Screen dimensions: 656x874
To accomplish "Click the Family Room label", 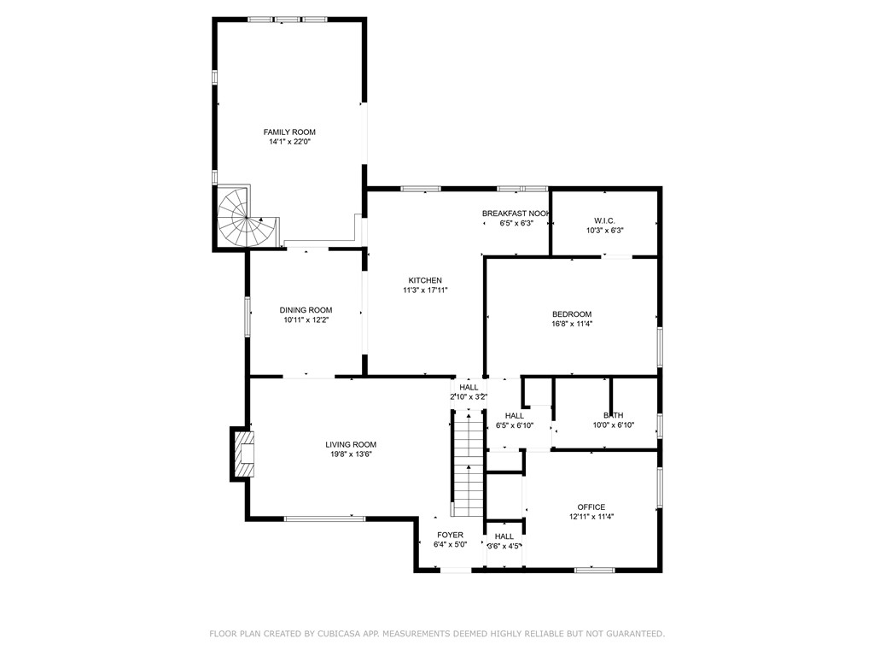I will tap(289, 132).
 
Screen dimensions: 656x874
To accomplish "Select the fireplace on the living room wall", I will tap(242, 454).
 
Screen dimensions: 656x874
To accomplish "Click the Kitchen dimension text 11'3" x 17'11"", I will tap(425, 290).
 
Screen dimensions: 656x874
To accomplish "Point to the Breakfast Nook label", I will tap(516, 214).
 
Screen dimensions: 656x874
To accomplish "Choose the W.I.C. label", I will tap(604, 220).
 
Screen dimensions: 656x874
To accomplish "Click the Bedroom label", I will tap(572, 314).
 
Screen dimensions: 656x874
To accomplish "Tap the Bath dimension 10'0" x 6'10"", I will tap(613, 425).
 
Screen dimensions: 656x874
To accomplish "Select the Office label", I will tap(591, 507).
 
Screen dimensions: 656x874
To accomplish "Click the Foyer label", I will tap(450, 535).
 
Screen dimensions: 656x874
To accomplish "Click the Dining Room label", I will tap(306, 310).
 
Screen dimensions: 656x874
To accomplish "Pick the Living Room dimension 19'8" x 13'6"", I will tap(350, 454).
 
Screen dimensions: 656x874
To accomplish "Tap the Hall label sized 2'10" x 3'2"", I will tap(469, 387).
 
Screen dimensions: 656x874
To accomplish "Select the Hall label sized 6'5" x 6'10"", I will tap(515, 416).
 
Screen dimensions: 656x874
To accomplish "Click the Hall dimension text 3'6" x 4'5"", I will tap(504, 546).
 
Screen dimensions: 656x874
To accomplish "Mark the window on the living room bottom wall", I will tap(324, 518).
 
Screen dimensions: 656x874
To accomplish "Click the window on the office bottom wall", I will tap(594, 570).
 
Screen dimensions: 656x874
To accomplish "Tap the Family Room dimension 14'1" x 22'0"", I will tap(289, 142).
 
